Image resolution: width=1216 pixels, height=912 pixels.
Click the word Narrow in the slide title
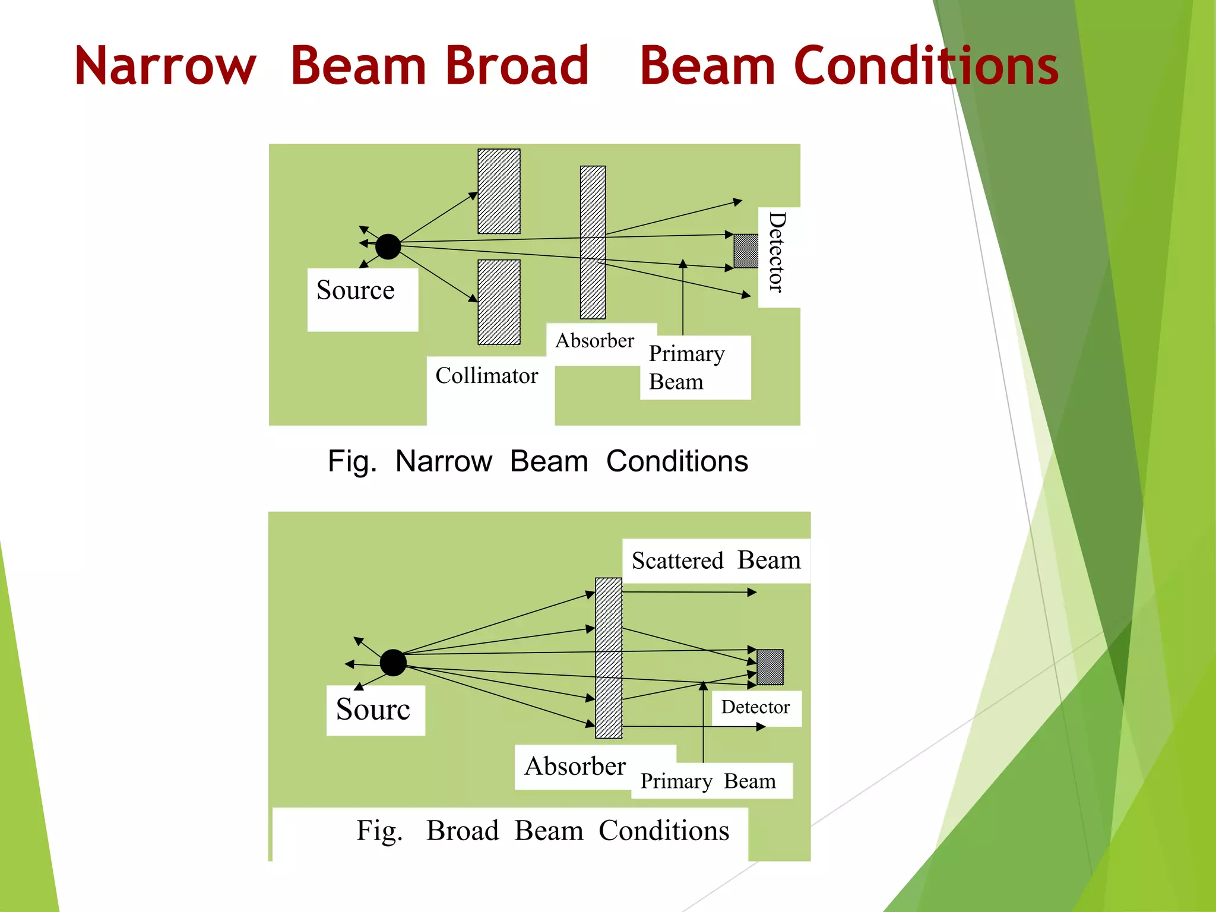pyautogui.click(x=165, y=66)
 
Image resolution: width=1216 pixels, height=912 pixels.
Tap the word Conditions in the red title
pyautogui.click(x=926, y=66)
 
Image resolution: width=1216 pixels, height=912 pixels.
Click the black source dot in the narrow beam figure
pyautogui.click(x=388, y=246)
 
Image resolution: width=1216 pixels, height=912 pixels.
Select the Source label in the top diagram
pyautogui.click(x=356, y=291)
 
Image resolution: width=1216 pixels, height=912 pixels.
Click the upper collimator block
pyautogui.click(x=499, y=191)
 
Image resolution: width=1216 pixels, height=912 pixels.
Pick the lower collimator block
pyautogui.click(x=499, y=302)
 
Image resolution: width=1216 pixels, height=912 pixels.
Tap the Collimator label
pyautogui.click(x=486, y=376)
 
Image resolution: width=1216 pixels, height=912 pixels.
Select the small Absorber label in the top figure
pyautogui.click(x=594, y=341)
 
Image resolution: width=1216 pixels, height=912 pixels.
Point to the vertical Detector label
pyautogui.click(x=777, y=252)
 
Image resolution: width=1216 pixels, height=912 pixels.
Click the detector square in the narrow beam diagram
pyautogui.click(x=746, y=251)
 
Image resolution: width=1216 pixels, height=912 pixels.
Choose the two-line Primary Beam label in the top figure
pyautogui.click(x=686, y=368)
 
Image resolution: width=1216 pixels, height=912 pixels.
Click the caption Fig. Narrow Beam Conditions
pyautogui.click(x=537, y=461)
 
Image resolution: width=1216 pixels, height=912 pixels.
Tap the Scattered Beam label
pyautogui.click(x=715, y=560)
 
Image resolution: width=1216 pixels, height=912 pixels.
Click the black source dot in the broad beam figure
pyautogui.click(x=393, y=663)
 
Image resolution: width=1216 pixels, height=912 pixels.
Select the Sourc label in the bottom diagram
pyautogui.click(x=373, y=710)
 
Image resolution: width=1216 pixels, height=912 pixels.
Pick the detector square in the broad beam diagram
pyautogui.click(x=770, y=667)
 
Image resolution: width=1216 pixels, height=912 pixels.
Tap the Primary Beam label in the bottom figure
pyautogui.click(x=708, y=781)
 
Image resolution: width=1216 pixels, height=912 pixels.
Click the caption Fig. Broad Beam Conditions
pyautogui.click(x=542, y=831)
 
